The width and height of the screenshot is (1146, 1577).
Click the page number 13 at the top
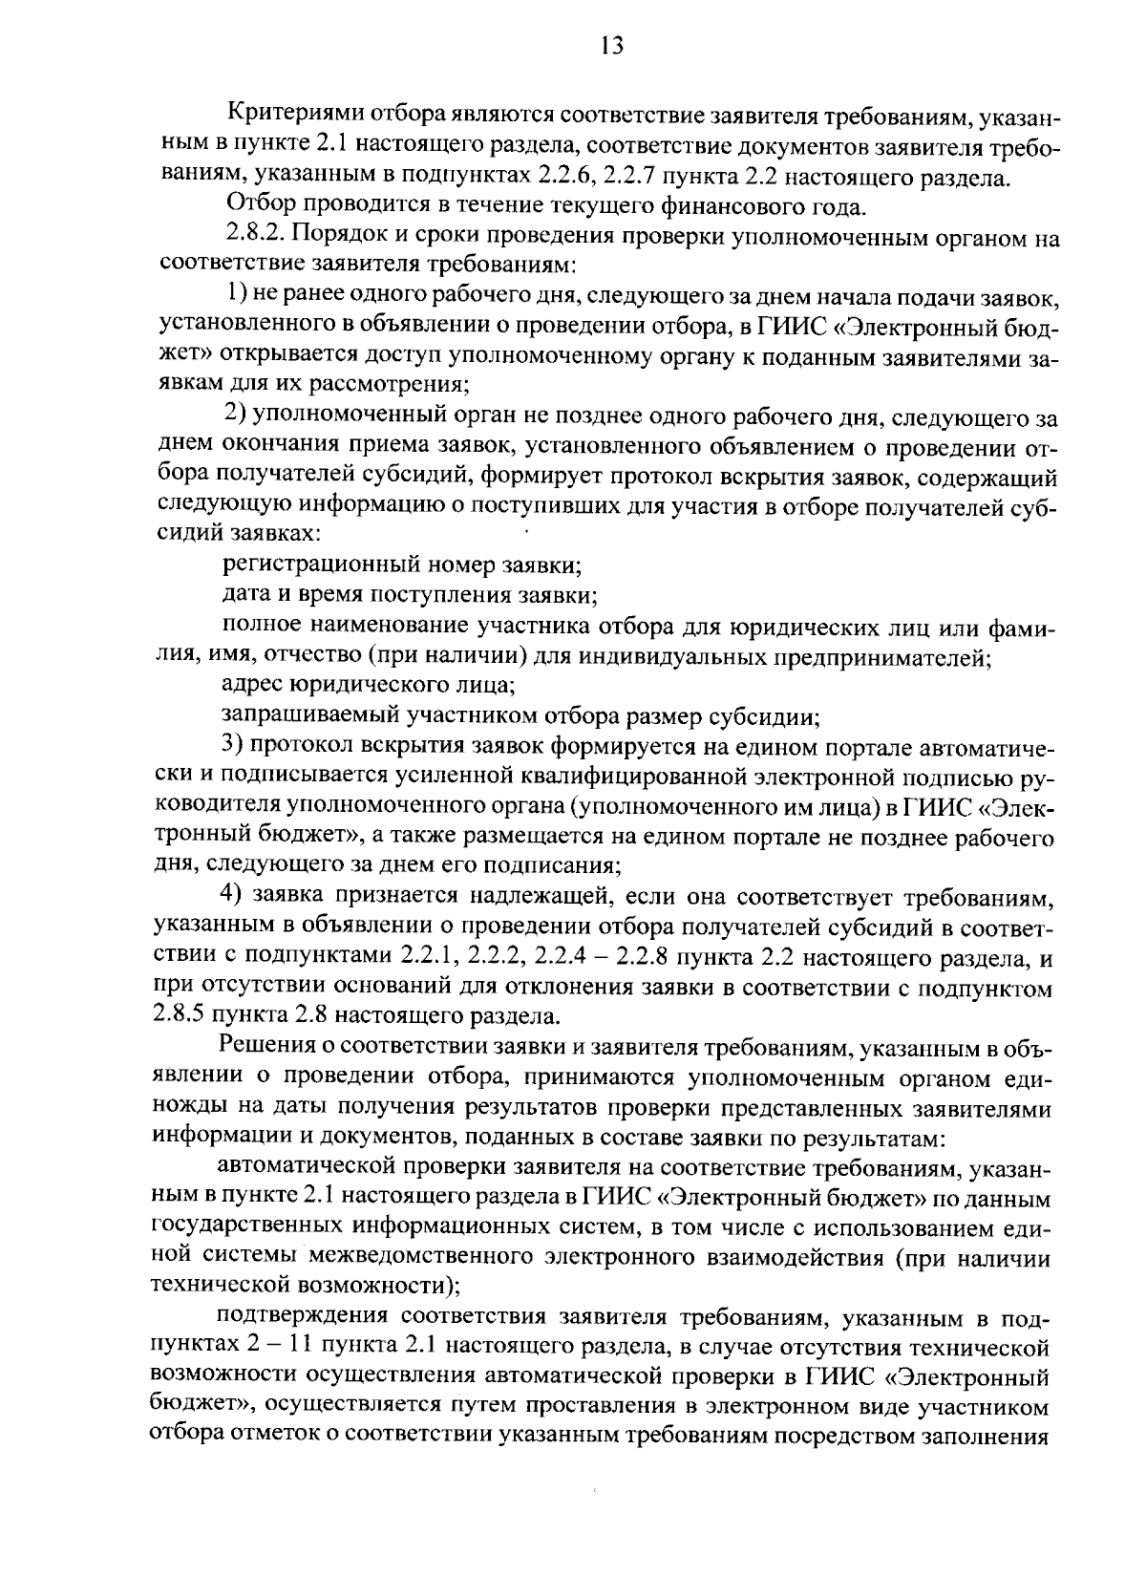tap(612, 45)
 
